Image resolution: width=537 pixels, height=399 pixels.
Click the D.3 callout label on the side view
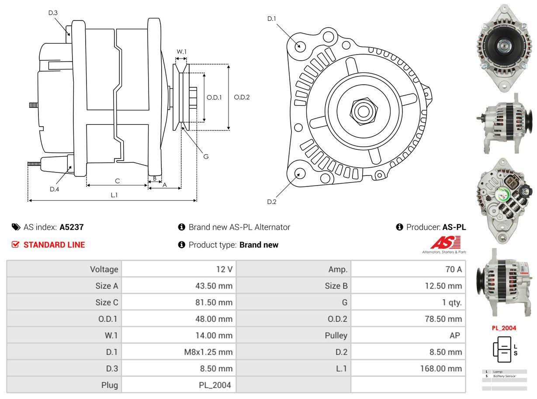[53, 13]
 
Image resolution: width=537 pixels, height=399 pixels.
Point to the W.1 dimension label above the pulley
[181, 52]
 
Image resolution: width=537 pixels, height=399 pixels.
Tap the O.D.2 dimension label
[242, 97]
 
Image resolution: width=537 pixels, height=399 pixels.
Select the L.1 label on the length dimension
[114, 195]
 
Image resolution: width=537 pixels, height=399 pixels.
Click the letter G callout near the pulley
[206, 156]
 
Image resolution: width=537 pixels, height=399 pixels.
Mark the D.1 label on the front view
[272, 18]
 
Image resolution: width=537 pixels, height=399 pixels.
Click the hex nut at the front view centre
[362, 111]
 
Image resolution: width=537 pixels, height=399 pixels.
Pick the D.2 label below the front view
[272, 202]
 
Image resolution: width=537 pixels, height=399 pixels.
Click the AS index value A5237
[72, 227]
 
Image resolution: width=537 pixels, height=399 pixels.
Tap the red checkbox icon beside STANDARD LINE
[16, 244]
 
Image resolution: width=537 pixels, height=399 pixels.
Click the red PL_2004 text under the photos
[504, 328]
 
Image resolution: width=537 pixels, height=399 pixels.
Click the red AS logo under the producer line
[445, 243]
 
